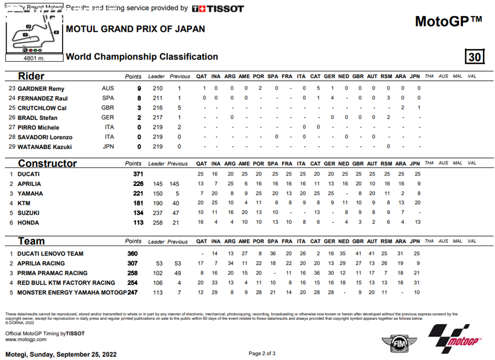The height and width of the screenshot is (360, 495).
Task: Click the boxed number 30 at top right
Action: [x=475, y=57]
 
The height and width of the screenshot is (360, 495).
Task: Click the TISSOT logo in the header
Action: [x=218, y=8]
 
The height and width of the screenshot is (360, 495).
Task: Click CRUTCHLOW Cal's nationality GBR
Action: [x=108, y=108]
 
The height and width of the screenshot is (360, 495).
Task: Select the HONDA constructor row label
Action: [x=28, y=223]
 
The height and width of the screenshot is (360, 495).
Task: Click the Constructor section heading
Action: [x=47, y=163]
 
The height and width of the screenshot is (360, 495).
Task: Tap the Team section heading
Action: [x=32, y=241]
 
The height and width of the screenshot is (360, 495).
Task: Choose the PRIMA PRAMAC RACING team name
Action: [x=52, y=273]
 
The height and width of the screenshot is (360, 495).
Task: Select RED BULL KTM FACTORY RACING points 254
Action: [x=134, y=283]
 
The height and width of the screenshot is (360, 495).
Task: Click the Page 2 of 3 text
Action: [x=262, y=353]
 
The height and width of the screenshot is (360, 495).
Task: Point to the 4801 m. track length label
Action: [x=34, y=57]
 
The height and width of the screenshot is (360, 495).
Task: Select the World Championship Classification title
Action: [x=141, y=57]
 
